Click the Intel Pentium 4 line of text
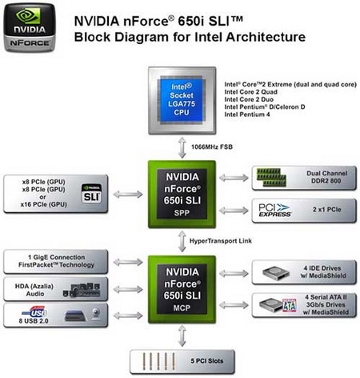point(248,115)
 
